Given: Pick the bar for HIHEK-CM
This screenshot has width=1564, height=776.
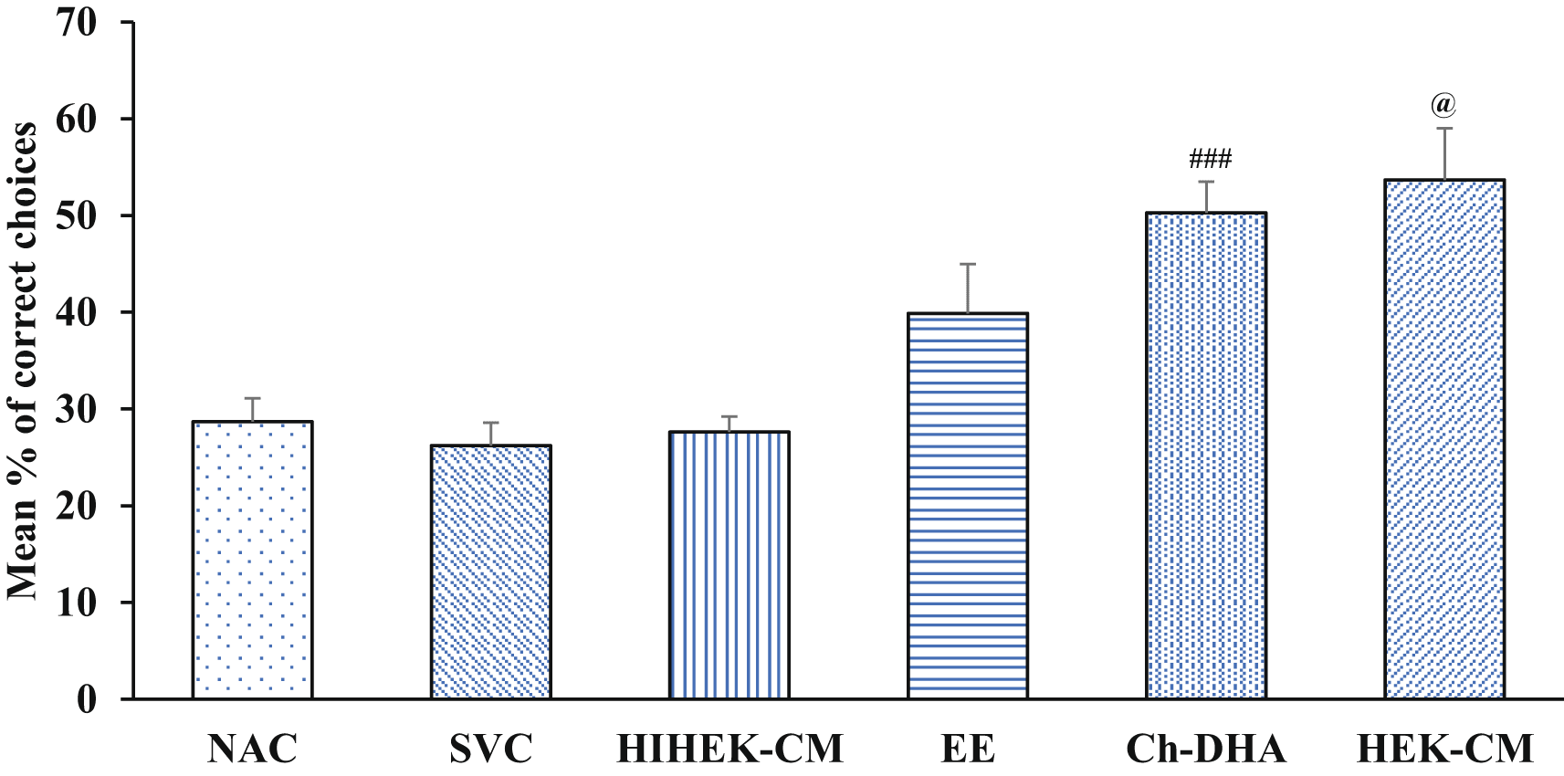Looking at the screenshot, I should coord(730,565).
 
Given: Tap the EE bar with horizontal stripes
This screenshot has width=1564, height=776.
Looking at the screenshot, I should coord(968,506).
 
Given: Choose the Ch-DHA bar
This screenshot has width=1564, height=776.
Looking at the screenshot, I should coord(1206,456).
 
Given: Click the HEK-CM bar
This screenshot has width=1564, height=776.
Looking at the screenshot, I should coord(1444,439).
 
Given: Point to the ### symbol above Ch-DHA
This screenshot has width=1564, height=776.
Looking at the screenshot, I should coord(1210,161).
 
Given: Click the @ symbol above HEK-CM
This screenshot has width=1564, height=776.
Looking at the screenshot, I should coord(1443,106).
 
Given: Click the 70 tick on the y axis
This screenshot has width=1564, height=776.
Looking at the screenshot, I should coord(77,23).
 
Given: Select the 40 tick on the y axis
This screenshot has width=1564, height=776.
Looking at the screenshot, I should coord(77,313).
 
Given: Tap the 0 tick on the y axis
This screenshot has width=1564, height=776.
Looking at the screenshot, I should coord(87,700).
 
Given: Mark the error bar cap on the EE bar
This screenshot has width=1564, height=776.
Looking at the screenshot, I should coord(968,264).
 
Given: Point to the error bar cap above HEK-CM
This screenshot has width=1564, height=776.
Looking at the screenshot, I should coord(1444,129).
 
